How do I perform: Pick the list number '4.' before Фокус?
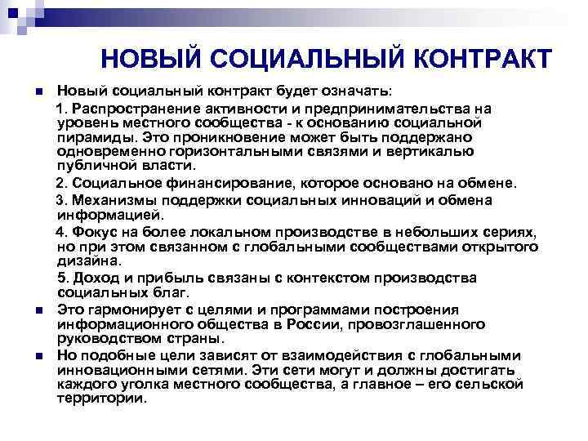61,233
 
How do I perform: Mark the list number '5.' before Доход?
61,278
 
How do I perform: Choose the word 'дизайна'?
87,261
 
